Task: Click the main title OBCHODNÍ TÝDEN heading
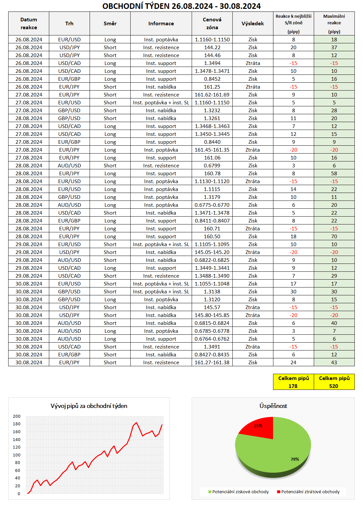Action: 181,6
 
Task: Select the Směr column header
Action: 110,24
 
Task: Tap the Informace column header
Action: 161,24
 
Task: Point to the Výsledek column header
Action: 253,24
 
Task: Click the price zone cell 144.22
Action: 212,48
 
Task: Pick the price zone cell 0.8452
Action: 212,79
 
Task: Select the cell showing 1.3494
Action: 212,63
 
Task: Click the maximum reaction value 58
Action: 334,174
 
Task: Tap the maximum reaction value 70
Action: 334,237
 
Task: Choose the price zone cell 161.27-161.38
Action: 212,363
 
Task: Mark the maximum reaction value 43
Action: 334,363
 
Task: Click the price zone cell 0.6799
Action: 212,166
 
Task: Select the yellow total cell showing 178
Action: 293,386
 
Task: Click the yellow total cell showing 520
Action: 334,386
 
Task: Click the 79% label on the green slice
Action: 295,459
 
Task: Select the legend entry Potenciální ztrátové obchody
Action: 310,492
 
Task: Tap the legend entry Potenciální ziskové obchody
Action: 240,492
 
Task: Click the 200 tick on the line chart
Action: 17,416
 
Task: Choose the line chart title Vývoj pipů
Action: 89,406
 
